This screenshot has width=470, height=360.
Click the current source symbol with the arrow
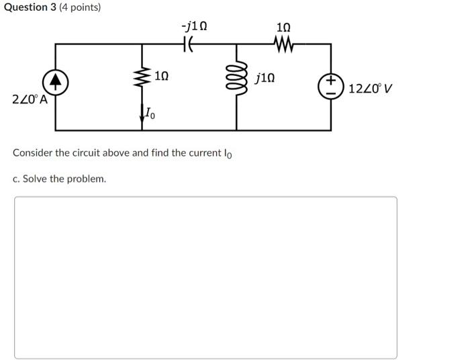(x=56, y=83)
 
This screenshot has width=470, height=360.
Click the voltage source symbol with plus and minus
(x=330, y=87)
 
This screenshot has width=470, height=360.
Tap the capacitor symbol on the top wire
(x=189, y=44)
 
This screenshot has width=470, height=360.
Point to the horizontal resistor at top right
(x=283, y=44)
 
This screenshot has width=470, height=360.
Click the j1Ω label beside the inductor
(x=265, y=78)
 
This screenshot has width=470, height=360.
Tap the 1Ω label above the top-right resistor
(x=283, y=27)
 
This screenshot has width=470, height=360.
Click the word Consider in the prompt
(x=33, y=152)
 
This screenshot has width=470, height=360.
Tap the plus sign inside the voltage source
(x=330, y=82)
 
